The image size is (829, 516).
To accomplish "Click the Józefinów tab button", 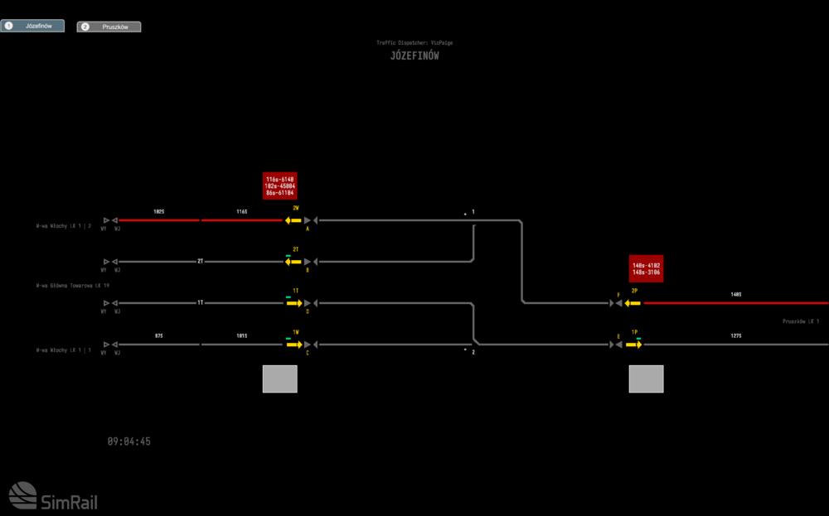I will point(32,27).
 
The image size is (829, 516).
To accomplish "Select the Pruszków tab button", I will point(109,27).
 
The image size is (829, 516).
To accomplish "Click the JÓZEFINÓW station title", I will point(414,56).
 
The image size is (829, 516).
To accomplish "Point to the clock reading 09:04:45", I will point(129,441).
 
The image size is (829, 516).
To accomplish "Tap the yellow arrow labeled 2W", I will point(293,220).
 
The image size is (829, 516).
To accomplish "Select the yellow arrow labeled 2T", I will point(293,262).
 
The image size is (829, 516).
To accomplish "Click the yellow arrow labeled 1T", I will point(294,303).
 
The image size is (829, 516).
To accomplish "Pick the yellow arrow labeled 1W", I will point(294,345).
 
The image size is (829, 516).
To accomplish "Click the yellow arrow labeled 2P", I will point(633,303).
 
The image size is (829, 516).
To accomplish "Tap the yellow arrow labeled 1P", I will point(634,345).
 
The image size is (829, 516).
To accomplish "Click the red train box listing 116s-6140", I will point(280,186).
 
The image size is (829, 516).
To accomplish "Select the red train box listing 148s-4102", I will point(647,268).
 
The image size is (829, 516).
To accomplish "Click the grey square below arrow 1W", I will point(280,379).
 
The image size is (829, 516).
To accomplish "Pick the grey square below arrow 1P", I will point(647,379).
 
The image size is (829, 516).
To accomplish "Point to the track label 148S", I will point(736,294).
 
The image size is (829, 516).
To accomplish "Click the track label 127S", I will point(736,335).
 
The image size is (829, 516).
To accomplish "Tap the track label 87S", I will point(158,335).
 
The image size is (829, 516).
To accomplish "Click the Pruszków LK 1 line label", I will point(801,321).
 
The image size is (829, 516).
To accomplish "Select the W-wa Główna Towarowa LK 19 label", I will point(73,285).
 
